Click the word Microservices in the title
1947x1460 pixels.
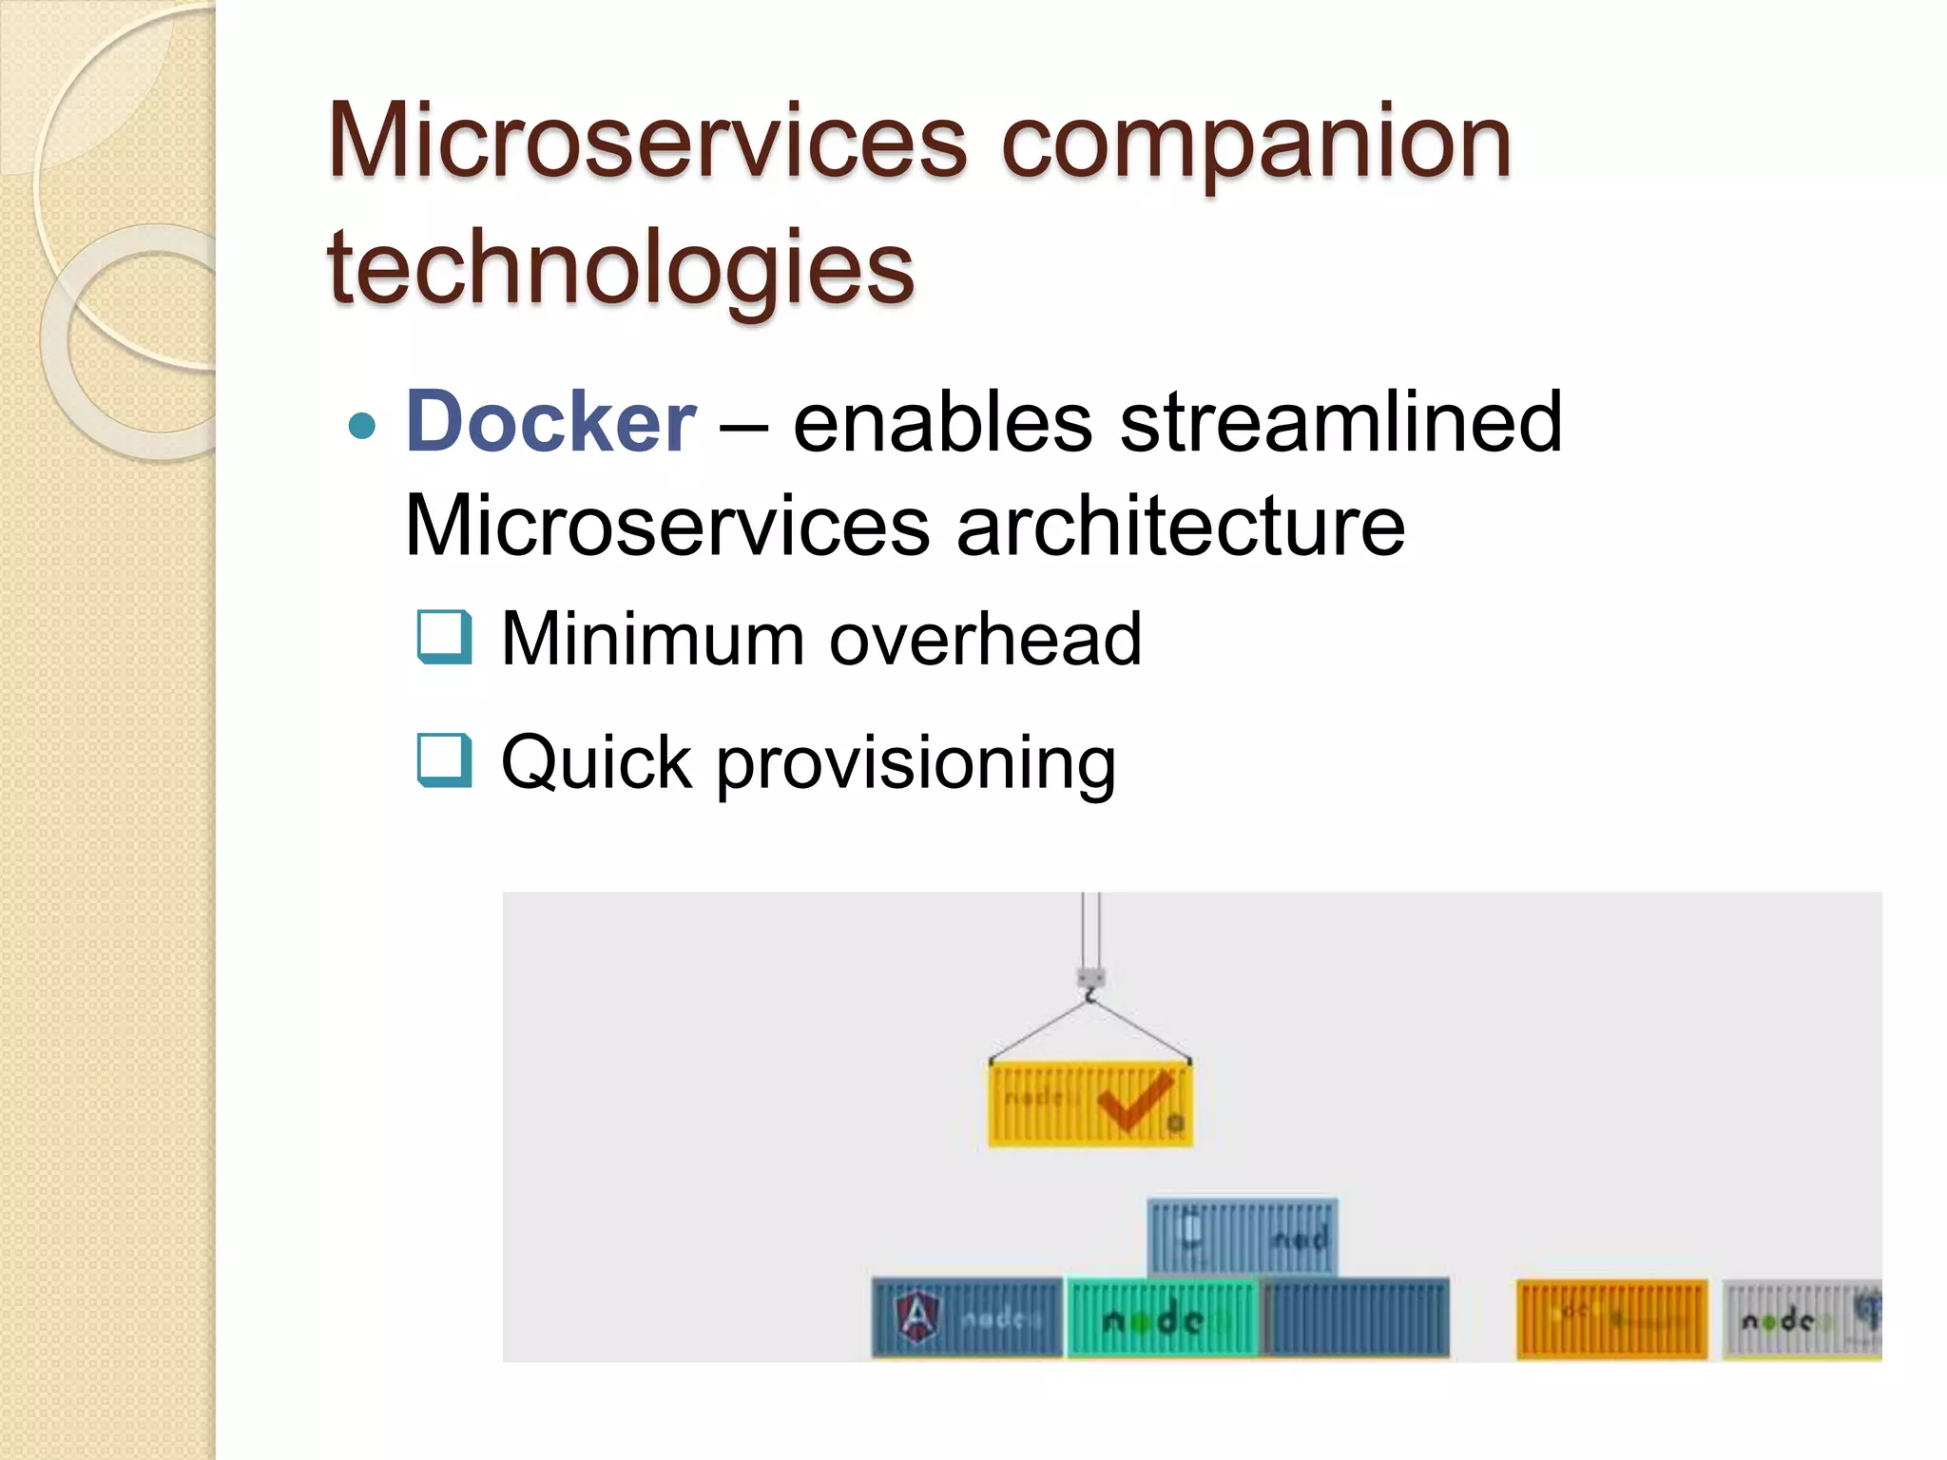pos(646,143)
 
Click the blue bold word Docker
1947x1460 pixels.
pos(550,422)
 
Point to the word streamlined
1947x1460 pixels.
pos(1340,422)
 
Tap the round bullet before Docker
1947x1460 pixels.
pos(362,425)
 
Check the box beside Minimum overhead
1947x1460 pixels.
pos(444,637)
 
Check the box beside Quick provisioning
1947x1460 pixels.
pos(444,760)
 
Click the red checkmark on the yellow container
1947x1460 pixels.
pos(1133,1100)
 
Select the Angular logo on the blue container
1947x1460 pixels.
pos(916,1317)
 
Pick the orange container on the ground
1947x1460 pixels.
pos(1611,1319)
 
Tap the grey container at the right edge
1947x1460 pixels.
pos(1802,1319)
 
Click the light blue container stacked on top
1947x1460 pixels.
pos(1242,1237)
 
